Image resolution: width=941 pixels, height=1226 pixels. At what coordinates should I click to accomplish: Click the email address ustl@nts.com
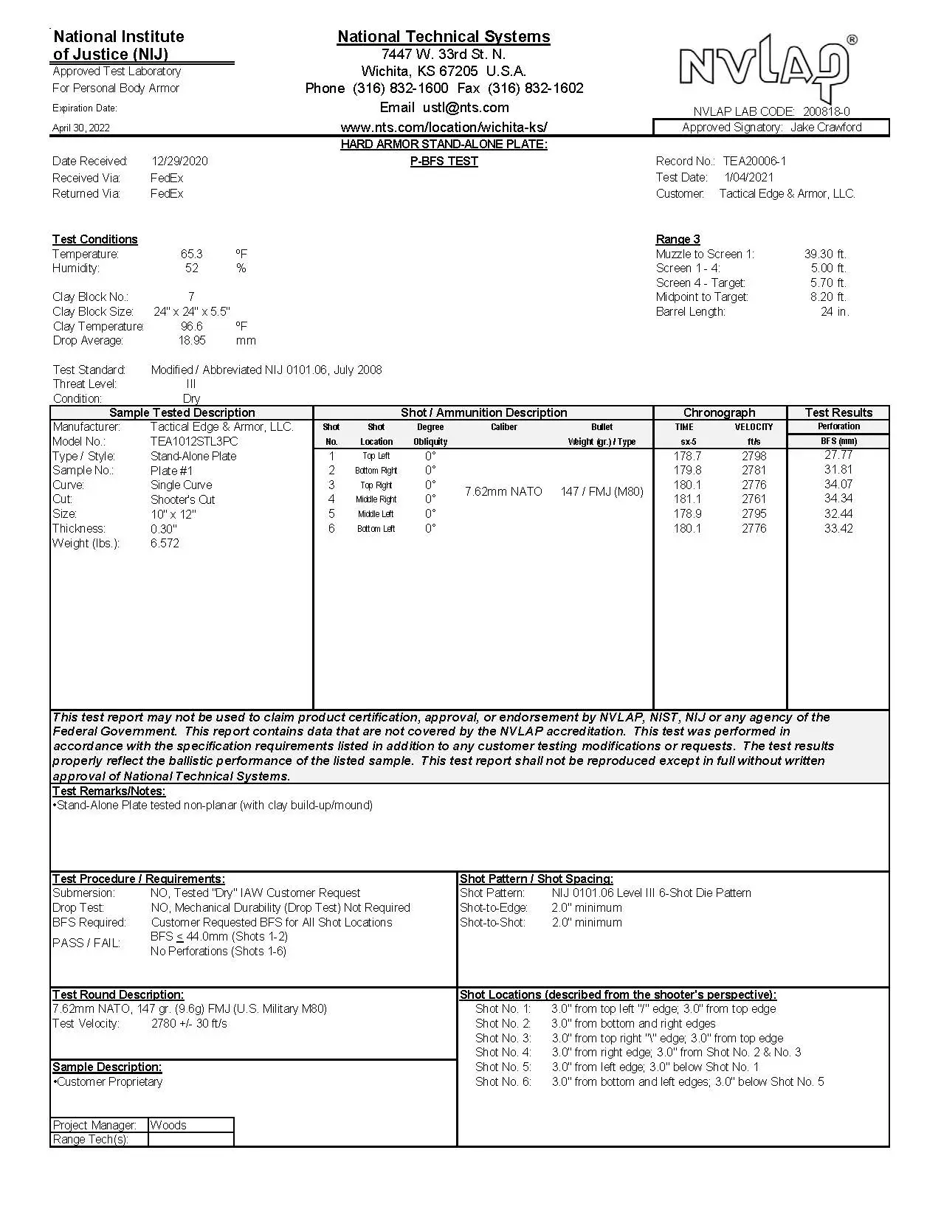tap(466, 108)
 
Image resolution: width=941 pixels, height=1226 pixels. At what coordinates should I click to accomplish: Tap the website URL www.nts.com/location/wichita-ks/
tap(444, 127)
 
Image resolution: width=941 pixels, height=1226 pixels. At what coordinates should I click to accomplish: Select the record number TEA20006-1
tap(754, 161)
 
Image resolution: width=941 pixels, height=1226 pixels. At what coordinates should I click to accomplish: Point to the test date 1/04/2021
tap(748, 177)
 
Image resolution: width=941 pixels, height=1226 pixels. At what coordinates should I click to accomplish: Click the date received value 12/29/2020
tap(179, 161)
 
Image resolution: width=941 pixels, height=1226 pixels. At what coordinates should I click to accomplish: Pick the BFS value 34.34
tap(838, 499)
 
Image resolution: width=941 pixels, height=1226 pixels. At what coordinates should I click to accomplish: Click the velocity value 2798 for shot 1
tap(754, 456)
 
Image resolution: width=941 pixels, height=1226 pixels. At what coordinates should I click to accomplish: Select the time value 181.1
tap(687, 499)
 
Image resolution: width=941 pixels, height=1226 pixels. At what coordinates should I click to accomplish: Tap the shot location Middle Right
tap(376, 499)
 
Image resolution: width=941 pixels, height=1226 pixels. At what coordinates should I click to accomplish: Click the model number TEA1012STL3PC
tap(194, 441)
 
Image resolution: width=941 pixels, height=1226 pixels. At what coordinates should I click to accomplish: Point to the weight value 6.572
tap(165, 543)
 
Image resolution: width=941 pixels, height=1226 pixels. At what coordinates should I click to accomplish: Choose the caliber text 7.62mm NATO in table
tap(503, 491)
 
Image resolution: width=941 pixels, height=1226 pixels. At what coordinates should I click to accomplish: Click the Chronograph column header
tap(719, 412)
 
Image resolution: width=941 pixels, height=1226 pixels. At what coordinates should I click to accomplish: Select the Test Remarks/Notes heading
tap(108, 791)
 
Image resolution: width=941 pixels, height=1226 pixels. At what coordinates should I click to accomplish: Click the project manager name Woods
tap(168, 1125)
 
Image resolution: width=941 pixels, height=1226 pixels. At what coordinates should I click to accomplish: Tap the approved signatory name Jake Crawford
tap(826, 127)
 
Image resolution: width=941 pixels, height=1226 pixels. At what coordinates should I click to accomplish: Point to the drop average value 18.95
tap(192, 341)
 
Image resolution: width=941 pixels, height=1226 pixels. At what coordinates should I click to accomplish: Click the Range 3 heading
tap(678, 239)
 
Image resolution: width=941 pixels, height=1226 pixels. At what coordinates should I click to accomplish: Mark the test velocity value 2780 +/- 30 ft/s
tap(189, 1023)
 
